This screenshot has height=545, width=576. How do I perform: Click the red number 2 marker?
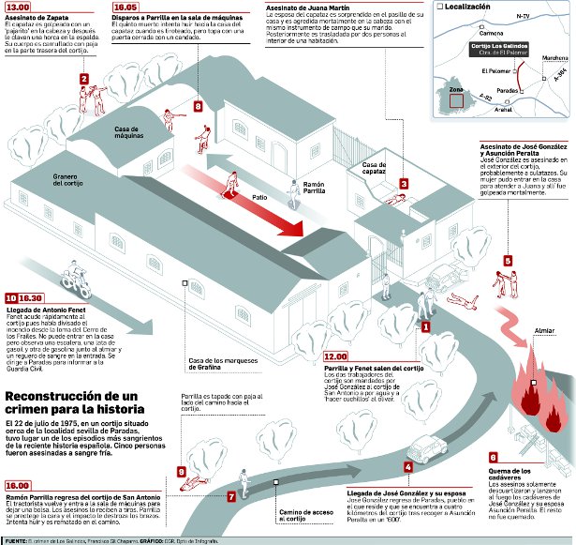pos(84,80)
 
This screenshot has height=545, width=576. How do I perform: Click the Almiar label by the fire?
pos(542,331)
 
